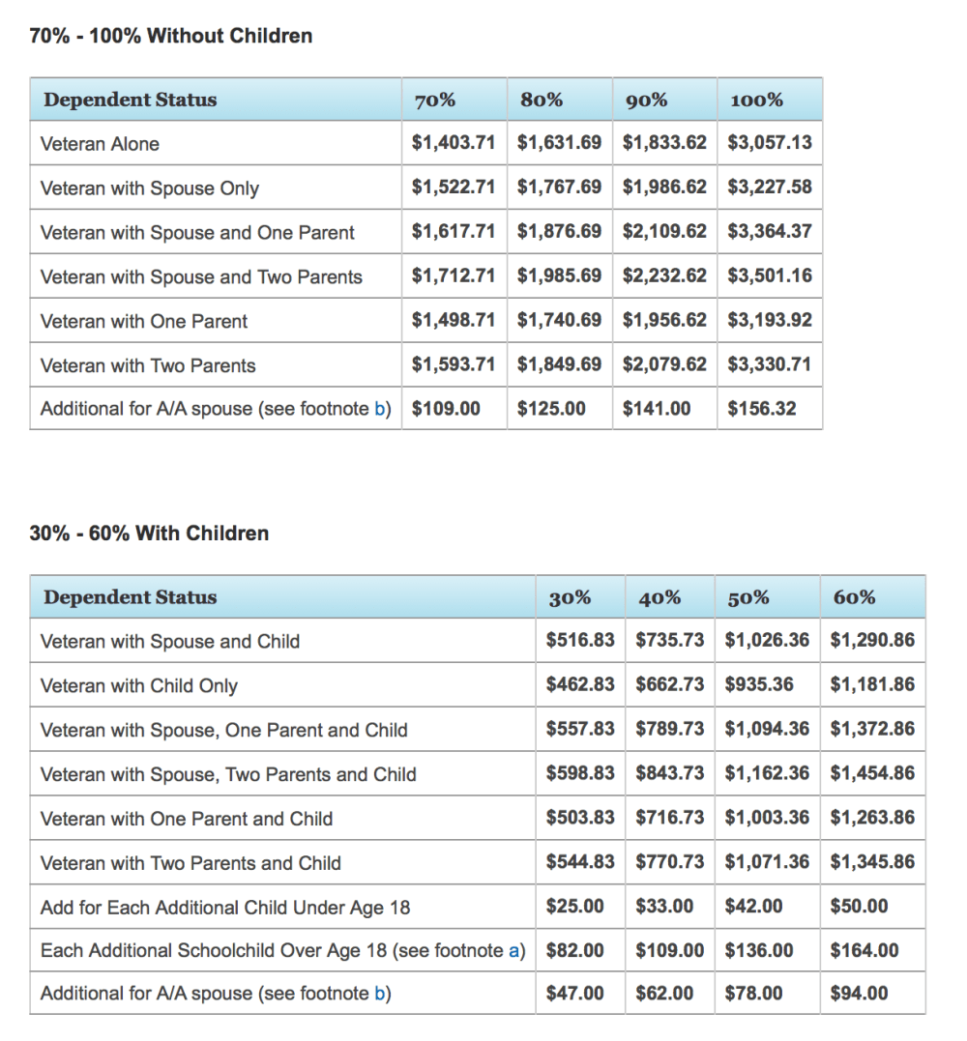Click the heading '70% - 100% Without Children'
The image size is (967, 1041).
(x=171, y=37)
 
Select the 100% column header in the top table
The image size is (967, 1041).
(x=756, y=100)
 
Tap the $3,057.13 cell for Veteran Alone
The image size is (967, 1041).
(x=770, y=143)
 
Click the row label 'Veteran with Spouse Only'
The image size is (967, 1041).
(x=150, y=188)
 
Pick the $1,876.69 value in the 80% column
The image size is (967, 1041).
(x=559, y=232)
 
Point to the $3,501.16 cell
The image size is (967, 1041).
(x=770, y=276)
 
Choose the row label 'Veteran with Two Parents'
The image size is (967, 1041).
(x=148, y=365)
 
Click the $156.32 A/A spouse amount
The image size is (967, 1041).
(x=762, y=409)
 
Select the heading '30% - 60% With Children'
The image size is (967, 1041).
(x=149, y=534)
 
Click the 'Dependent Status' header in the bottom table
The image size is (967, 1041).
(x=130, y=597)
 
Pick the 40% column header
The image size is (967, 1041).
(x=659, y=598)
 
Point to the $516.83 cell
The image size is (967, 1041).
(x=580, y=641)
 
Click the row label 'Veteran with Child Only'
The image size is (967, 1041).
(x=139, y=686)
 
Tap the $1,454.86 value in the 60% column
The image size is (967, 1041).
(x=872, y=774)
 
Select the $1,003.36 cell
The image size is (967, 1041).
(x=767, y=818)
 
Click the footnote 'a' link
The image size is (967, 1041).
(x=513, y=951)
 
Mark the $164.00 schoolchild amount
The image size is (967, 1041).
(x=864, y=951)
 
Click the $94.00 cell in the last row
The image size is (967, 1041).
(x=860, y=994)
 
